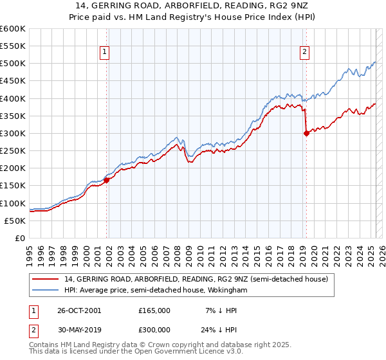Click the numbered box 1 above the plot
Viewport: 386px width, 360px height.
[104, 53]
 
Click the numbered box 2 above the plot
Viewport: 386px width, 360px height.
[304, 53]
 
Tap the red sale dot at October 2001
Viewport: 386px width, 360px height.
[107, 181]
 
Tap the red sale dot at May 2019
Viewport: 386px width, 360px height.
[306, 134]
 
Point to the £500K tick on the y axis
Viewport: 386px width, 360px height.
[13, 64]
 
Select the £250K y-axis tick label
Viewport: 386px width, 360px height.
[13, 151]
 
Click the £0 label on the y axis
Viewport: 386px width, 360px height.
[19, 238]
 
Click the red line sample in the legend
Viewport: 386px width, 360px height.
[45, 279]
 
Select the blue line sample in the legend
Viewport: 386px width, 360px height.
[45, 291]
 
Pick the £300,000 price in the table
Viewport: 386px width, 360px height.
[154, 329]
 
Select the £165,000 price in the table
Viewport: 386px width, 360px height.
[154, 310]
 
